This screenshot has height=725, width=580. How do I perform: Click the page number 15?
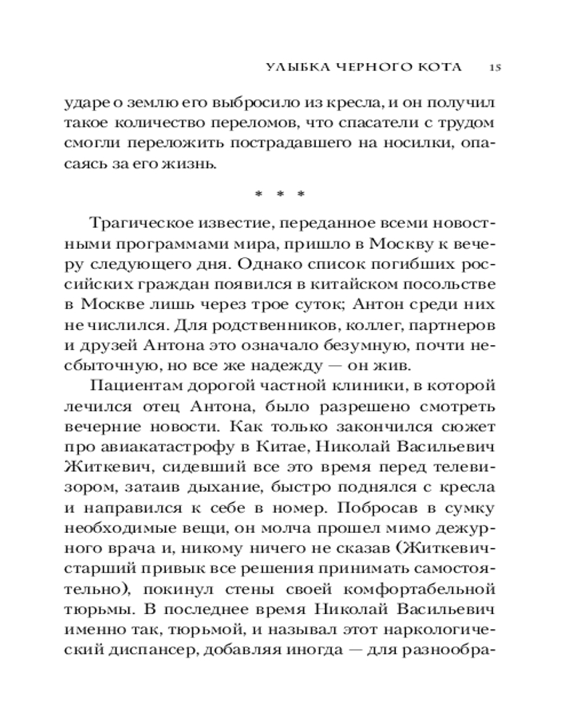tap(496, 67)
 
